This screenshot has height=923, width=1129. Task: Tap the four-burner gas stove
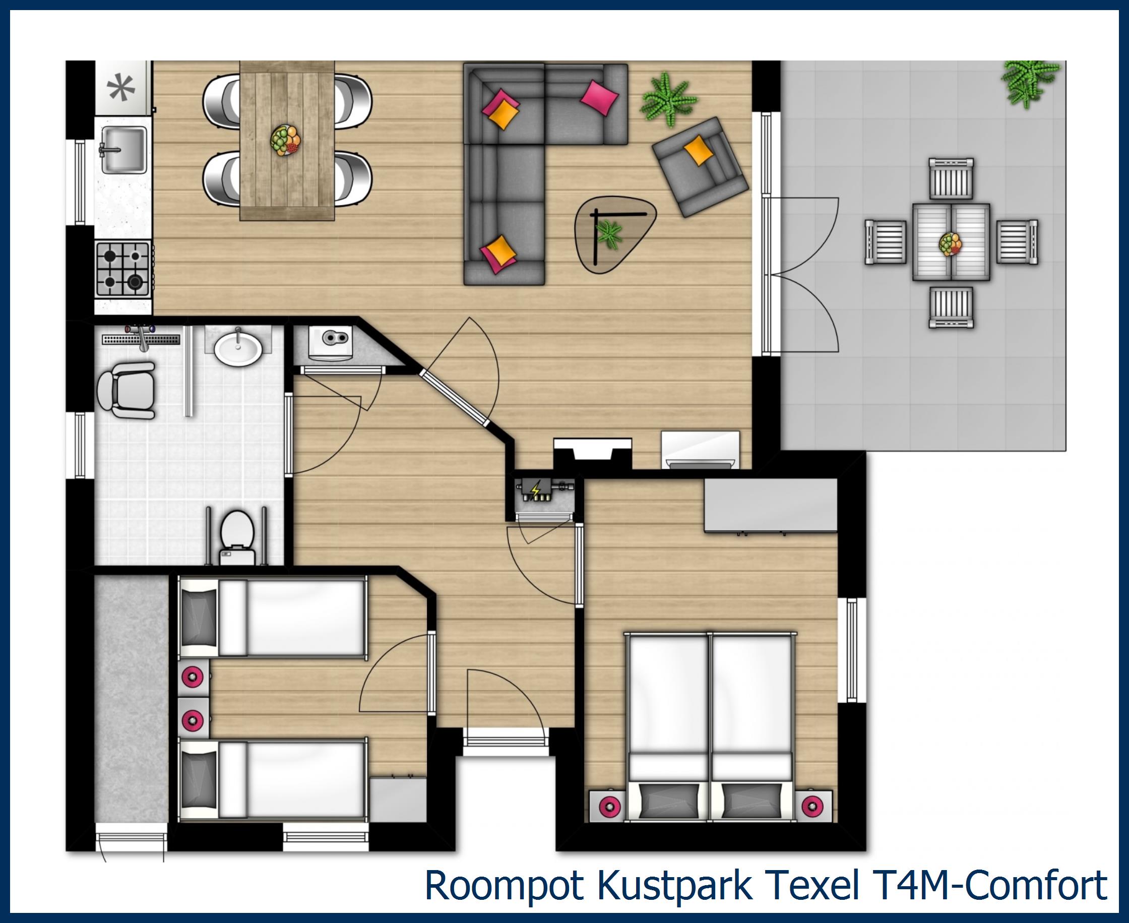[123, 269]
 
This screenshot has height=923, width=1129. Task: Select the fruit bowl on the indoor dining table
[285, 140]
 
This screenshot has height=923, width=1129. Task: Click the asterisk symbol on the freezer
[120, 88]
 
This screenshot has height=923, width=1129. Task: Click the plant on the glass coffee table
[609, 235]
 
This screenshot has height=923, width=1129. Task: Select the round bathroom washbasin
[237, 349]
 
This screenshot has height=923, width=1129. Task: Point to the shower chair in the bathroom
[127, 390]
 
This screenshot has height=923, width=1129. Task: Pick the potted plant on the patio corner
[1029, 82]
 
